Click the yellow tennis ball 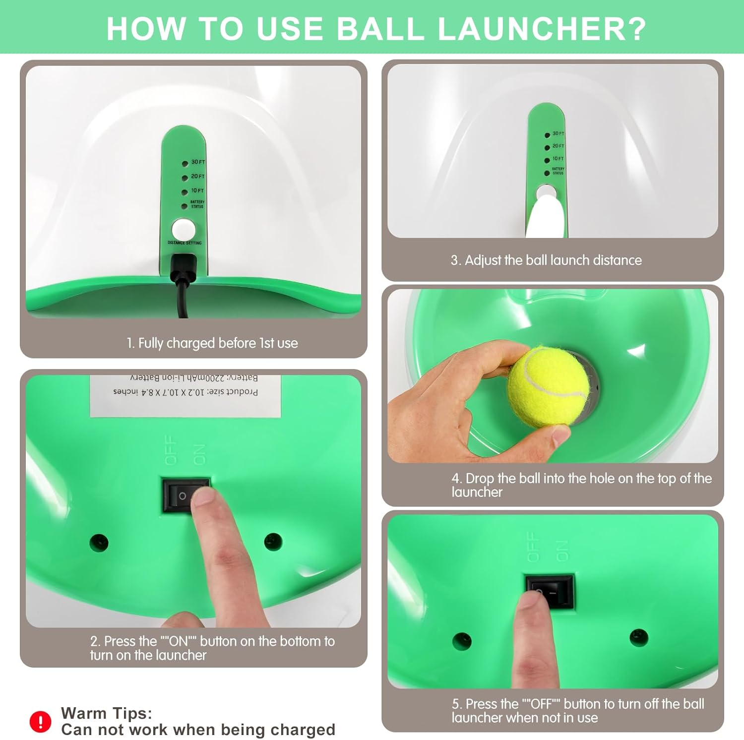[548, 387]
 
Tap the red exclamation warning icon [40, 721]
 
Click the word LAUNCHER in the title [542, 29]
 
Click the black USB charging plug [183, 270]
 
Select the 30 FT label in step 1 [198, 162]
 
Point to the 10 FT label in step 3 [558, 159]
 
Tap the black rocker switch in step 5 [550, 592]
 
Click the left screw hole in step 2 [99, 542]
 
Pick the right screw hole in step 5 [638, 638]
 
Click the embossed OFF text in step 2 [170, 450]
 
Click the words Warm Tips [106, 713]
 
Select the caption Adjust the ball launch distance [546, 260]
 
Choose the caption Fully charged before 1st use [212, 343]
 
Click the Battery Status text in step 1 [197, 204]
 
